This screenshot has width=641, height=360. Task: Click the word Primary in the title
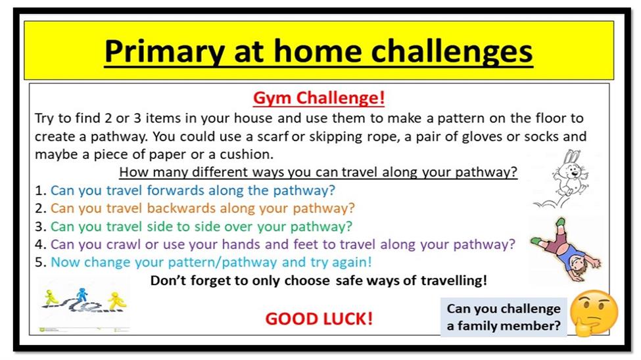click(x=164, y=52)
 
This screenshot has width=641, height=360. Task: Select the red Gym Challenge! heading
click(x=319, y=98)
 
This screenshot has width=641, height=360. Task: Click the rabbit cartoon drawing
click(x=565, y=179)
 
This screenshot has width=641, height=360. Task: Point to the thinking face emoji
click(x=594, y=313)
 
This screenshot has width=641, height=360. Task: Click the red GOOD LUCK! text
click(x=319, y=319)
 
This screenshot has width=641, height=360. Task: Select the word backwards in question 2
click(x=181, y=208)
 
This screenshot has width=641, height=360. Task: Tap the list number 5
click(x=39, y=262)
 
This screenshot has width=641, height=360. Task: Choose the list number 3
click(x=39, y=227)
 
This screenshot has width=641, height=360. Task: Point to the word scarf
click(x=273, y=137)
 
